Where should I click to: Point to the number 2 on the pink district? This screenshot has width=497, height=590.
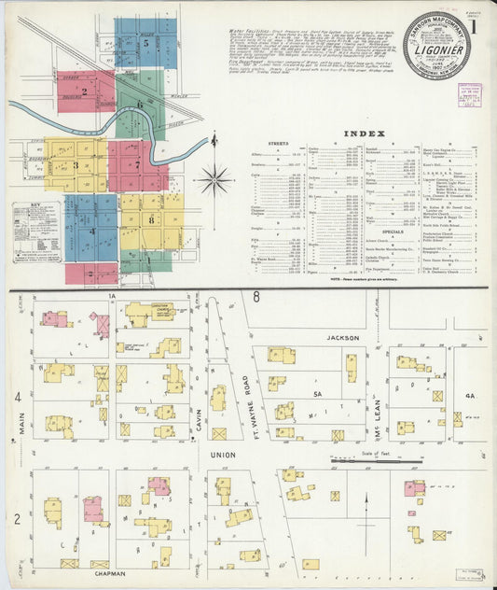(x=84, y=91)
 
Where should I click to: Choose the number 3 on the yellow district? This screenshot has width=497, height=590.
(x=76, y=165)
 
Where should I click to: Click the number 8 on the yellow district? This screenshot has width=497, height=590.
(x=150, y=219)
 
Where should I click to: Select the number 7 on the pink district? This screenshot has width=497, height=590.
(x=137, y=164)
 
